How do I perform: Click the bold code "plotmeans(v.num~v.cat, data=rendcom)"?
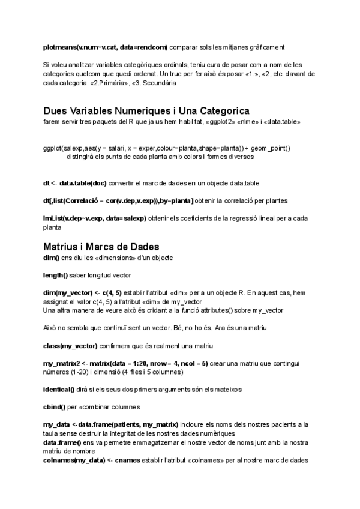(106, 47)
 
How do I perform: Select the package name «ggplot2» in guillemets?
(224, 122)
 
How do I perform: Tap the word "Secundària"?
(160, 83)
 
